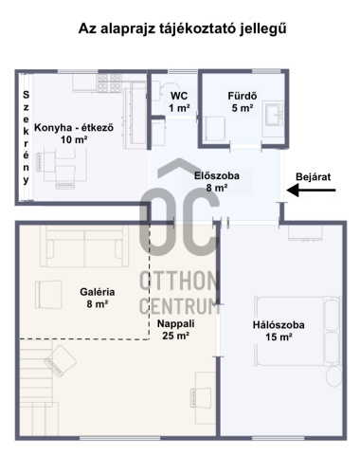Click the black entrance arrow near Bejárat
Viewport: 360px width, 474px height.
[x=311, y=191]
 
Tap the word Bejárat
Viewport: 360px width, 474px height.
[x=314, y=177]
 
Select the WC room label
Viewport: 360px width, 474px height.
[x=179, y=96]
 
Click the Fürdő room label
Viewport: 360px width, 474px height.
[x=243, y=96]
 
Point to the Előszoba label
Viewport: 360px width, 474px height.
[x=217, y=175]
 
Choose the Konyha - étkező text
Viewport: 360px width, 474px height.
[x=74, y=128]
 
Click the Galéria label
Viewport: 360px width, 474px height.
[x=98, y=292]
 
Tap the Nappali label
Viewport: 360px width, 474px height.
[x=176, y=323]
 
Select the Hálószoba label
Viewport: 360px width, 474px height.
[x=279, y=325]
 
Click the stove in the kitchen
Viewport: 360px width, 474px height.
[x=109, y=82]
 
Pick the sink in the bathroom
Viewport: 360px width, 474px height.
[x=274, y=114]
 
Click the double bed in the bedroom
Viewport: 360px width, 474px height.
[x=297, y=331]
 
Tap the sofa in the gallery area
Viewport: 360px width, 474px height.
[x=84, y=246]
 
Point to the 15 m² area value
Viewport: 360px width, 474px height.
[x=279, y=337]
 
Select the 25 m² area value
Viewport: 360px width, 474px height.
[x=176, y=336]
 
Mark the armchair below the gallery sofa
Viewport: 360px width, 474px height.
[x=48, y=295]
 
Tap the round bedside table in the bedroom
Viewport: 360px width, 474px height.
[x=334, y=376]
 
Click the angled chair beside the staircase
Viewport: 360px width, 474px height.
[x=60, y=360]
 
